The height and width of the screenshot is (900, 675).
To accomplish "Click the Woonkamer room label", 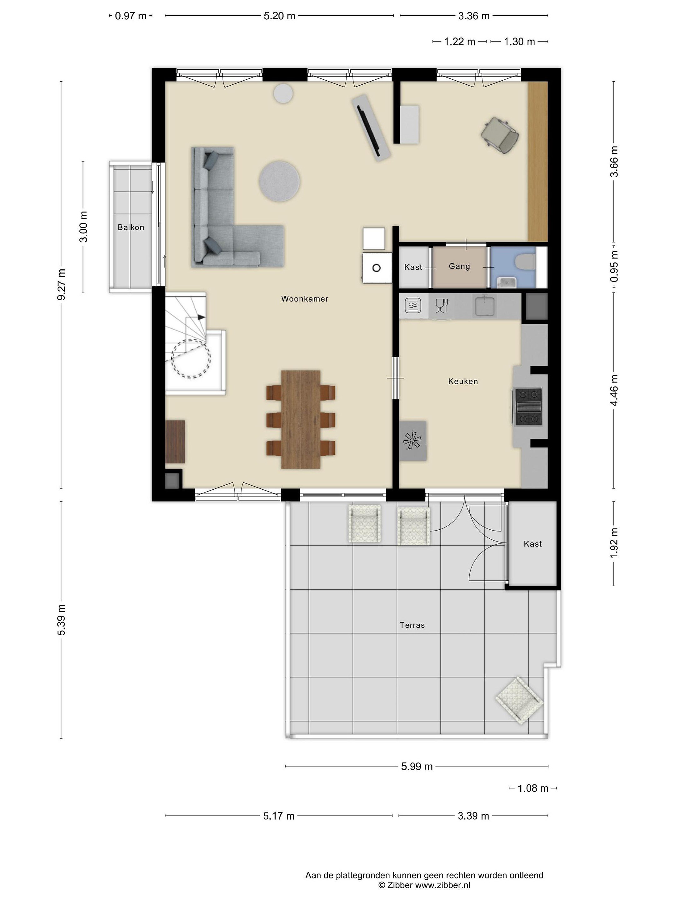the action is pos(304,299).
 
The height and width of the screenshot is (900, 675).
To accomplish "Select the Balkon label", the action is pos(131,227).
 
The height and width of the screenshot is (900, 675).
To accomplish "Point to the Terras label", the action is pos(412,625).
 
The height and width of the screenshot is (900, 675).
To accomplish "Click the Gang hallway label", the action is pos(459,266).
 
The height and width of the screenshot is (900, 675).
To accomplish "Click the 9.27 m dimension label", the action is pos(62,284).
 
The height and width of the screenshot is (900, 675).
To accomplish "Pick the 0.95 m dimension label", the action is pos(614,266).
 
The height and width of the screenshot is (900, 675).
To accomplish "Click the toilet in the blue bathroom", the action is pos(525,262).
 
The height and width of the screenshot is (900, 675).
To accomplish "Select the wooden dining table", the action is pos(301,419).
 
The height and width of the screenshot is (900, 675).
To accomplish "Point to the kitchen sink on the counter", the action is pos(484,306).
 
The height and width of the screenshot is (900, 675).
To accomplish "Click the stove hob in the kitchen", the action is pos(528,407).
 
